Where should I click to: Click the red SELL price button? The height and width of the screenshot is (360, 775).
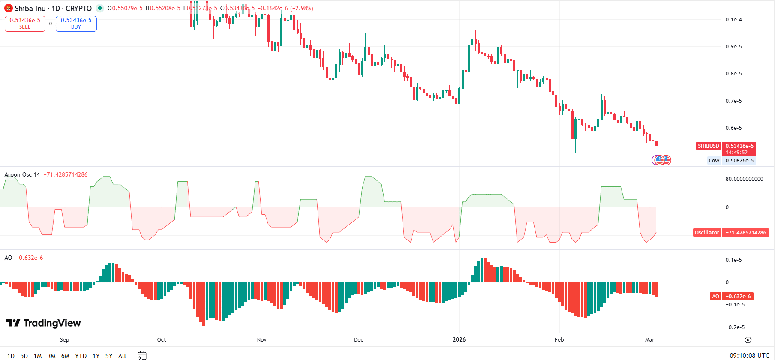pyautogui.click(x=25, y=24)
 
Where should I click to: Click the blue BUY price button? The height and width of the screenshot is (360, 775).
pyautogui.click(x=76, y=24)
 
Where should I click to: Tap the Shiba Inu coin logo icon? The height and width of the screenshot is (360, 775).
pyautogui.click(x=8, y=8)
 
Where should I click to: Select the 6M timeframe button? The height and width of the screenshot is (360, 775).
pyautogui.click(x=65, y=356)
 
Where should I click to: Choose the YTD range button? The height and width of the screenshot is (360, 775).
pyautogui.click(x=81, y=356)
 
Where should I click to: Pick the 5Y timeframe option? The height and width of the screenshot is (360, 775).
pyautogui.click(x=109, y=356)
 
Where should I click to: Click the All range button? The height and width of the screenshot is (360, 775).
pyautogui.click(x=122, y=356)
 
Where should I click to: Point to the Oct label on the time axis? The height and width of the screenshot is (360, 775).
pyautogui.click(x=162, y=339)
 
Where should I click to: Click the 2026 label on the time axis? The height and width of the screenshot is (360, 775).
pyautogui.click(x=459, y=339)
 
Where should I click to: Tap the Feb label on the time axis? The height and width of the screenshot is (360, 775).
pyautogui.click(x=559, y=339)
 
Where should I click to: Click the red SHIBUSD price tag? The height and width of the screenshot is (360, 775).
pyautogui.click(x=709, y=146)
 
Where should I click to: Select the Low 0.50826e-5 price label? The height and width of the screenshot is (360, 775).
pyautogui.click(x=731, y=161)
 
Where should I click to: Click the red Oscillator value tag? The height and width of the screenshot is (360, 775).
pyautogui.click(x=707, y=233)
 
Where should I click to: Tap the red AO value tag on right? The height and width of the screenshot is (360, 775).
pyautogui.click(x=715, y=297)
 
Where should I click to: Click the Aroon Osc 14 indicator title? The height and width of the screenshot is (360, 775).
pyautogui.click(x=22, y=174)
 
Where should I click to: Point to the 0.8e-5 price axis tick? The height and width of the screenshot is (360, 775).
pyautogui.click(x=733, y=74)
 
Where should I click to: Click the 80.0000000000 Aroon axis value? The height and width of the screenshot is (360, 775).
pyautogui.click(x=744, y=179)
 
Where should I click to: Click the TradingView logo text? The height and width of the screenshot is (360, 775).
pyautogui.click(x=43, y=323)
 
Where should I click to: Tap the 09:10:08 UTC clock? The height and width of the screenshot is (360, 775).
pyautogui.click(x=749, y=356)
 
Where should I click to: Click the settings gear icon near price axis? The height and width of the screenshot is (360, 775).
pyautogui.click(x=748, y=340)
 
